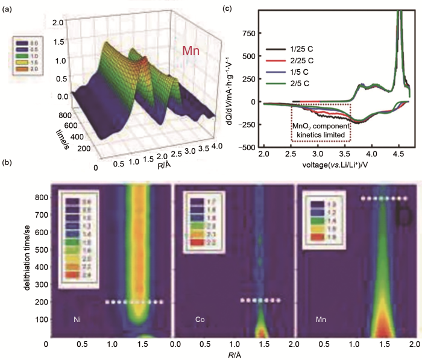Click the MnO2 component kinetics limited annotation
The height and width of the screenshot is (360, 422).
click(320, 129)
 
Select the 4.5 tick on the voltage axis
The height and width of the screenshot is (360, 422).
click(398, 154)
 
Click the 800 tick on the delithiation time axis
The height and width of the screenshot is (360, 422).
click(38, 197)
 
